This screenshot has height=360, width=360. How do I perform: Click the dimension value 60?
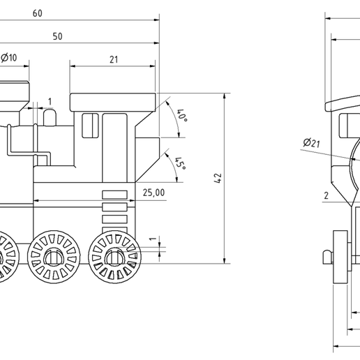(x=37, y=13)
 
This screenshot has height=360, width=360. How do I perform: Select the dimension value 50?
(x=57, y=36)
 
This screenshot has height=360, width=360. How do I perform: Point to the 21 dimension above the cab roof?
(x=113, y=59)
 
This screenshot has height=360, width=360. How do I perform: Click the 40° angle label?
(x=181, y=116)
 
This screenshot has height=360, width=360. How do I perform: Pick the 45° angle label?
(x=179, y=163)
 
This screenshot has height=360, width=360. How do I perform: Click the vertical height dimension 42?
(x=218, y=179)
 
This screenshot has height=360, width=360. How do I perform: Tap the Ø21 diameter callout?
(x=311, y=144)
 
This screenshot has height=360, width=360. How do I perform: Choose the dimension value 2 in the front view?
(x=325, y=195)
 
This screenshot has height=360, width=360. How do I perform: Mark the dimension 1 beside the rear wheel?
(x=152, y=239)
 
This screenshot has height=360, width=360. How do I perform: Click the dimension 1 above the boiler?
(x=49, y=102)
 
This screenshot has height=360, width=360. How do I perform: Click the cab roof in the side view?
(x=112, y=101)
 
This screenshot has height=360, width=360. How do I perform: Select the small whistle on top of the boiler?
(x=50, y=119)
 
